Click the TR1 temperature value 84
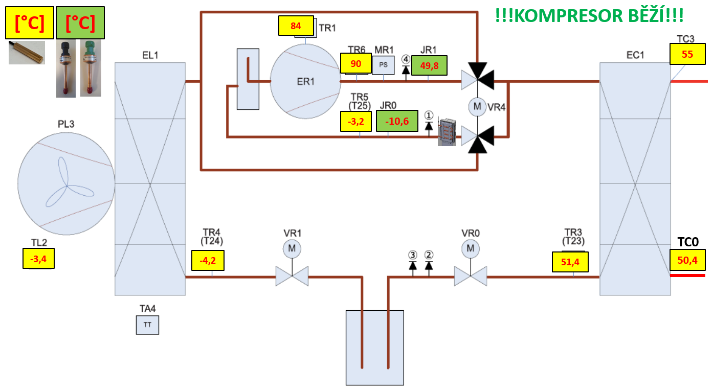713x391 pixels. pyautogui.click(x=296, y=26)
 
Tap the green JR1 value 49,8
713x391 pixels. pyautogui.click(x=429, y=65)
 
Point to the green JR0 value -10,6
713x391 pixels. pyautogui.click(x=396, y=121)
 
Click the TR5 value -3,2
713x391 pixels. pyautogui.click(x=356, y=122)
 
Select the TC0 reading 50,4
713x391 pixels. pyautogui.click(x=687, y=260)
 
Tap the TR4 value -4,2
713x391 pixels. pyautogui.click(x=208, y=260)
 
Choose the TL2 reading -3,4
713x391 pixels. pyautogui.click(x=38, y=258)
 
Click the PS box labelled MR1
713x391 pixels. pyautogui.click(x=384, y=65)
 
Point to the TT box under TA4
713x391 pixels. pyautogui.click(x=147, y=325)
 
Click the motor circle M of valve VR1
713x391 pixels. pyautogui.click(x=292, y=249)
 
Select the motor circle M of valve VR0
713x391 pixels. pyautogui.click(x=470, y=249)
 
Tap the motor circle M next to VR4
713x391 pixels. pyautogui.click(x=477, y=107)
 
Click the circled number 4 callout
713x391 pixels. pyautogui.click(x=406, y=59)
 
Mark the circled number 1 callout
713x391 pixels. pyautogui.click(x=429, y=115)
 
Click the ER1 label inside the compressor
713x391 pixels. pyautogui.click(x=305, y=81)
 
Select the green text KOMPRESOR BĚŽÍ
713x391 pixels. pyautogui.click(x=589, y=15)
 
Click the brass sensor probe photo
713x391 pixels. pyautogui.click(x=27, y=52)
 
